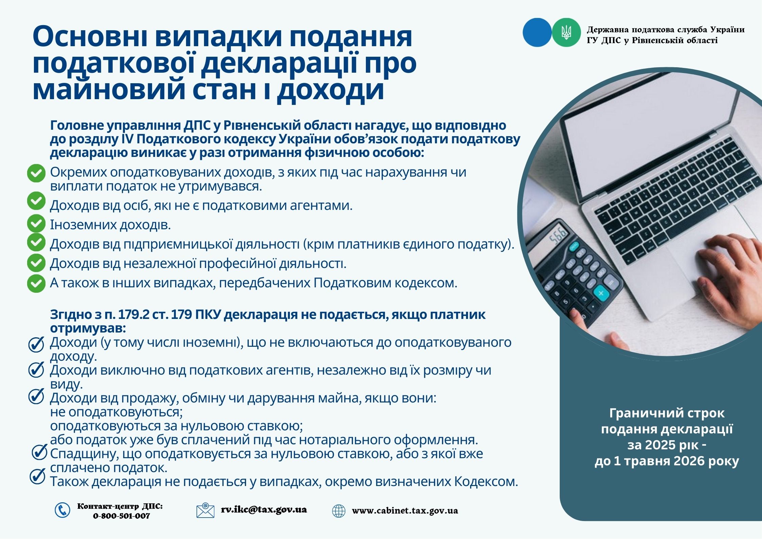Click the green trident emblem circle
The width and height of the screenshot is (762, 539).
pos(566,32)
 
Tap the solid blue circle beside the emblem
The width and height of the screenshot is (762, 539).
pos(537,32)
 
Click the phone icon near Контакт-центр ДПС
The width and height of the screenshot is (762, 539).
pos(62,510)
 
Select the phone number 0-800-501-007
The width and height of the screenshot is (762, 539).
pos(121,516)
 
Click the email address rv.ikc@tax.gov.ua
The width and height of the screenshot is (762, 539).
pos(264,510)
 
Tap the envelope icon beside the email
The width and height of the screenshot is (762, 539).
pos(205,510)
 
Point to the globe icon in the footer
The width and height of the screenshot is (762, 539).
pos(338,511)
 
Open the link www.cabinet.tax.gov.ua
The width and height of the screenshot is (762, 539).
pos(405,511)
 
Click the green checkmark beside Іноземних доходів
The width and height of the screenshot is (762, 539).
pos(36,224)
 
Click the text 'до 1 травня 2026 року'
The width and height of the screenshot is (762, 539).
pos(667,461)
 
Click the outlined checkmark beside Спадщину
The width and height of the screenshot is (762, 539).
pos(39,452)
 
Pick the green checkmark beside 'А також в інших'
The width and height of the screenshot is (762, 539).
pos(36,283)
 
